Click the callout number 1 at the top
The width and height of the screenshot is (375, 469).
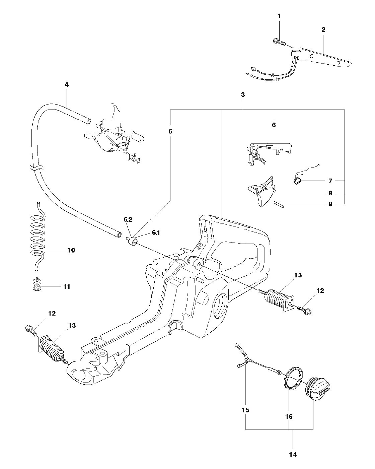[279, 16]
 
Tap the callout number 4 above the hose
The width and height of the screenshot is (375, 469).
[67, 84]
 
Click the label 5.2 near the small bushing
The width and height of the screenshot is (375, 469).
[128, 219]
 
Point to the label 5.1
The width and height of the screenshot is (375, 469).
[156, 233]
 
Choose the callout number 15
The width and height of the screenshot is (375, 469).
[245, 410]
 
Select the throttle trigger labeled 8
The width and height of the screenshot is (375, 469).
[261, 191]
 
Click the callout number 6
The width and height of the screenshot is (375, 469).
[274, 125]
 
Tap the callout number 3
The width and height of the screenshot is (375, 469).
[243, 94]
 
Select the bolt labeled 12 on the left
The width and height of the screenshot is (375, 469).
[31, 331]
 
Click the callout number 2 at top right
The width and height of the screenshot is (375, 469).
[323, 29]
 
